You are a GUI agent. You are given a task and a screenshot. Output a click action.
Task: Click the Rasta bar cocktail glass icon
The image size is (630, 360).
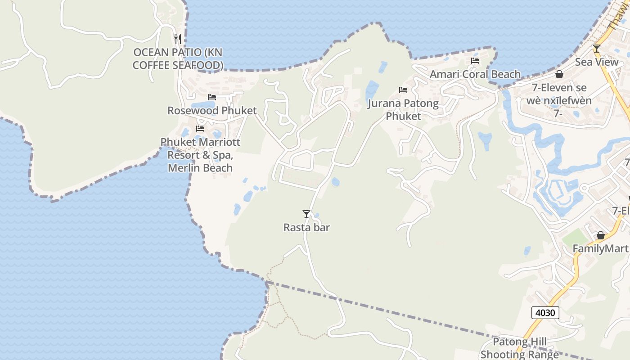(x=306, y=214)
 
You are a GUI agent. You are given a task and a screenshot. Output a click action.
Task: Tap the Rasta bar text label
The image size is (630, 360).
(x=306, y=228)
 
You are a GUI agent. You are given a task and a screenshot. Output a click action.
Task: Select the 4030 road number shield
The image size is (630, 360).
(x=545, y=312)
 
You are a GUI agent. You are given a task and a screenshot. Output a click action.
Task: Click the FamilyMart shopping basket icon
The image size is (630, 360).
(x=600, y=235)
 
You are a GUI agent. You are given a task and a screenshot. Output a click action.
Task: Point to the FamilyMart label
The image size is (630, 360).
(x=600, y=248)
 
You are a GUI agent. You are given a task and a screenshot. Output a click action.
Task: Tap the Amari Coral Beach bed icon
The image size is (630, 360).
(x=475, y=61)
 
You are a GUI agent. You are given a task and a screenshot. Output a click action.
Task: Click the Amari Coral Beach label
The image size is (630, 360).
(x=475, y=74)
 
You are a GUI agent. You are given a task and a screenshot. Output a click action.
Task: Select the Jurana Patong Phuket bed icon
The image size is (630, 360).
(x=403, y=90)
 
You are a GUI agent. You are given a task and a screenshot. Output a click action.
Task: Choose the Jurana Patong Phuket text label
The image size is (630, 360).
(x=403, y=110)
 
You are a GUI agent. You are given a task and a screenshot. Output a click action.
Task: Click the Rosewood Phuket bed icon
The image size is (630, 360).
(x=212, y=97)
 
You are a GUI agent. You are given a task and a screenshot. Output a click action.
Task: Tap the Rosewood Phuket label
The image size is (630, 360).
(x=212, y=111)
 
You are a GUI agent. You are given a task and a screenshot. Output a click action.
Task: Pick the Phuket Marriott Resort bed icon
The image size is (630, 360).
(x=200, y=129)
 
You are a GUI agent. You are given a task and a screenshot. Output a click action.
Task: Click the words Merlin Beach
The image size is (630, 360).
(x=200, y=168)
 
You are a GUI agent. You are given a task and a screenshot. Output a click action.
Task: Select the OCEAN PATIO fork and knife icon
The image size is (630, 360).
(x=178, y=39)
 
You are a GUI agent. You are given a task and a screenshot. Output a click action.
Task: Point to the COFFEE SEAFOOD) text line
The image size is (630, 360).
(x=178, y=65)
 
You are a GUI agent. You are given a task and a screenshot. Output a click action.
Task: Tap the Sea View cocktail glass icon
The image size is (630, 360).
(x=597, y=49)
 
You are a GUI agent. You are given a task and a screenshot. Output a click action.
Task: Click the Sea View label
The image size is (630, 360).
(x=597, y=62)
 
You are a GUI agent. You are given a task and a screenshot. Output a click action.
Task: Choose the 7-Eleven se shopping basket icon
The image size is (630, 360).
(x=559, y=74)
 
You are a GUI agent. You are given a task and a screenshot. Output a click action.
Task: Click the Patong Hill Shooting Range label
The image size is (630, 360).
(x=519, y=348)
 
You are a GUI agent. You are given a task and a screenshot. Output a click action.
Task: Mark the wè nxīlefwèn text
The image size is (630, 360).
(x=559, y=100)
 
